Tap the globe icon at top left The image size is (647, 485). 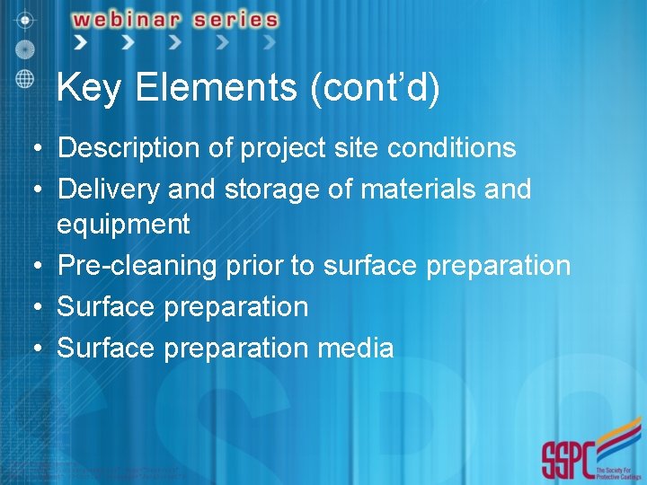(24, 77)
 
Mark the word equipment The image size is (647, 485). (123, 224)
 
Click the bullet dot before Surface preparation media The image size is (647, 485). (31, 348)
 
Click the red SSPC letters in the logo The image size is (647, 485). (567, 460)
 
